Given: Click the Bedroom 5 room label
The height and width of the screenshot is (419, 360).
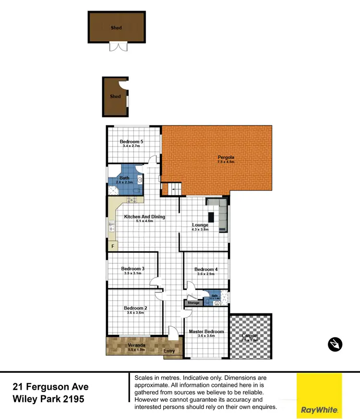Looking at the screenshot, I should (132, 142).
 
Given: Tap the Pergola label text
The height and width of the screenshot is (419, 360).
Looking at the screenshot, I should (226, 157).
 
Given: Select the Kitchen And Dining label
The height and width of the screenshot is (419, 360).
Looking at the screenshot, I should (144, 217).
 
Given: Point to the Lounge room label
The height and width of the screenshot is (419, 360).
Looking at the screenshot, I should (200, 225).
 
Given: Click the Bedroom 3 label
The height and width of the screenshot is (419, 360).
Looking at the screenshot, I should (133, 269).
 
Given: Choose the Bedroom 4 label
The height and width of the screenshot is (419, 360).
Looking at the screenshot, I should (206, 270).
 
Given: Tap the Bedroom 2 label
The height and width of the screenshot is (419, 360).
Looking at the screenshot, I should (135, 308).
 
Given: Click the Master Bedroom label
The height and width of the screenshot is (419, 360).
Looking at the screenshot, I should (206, 332).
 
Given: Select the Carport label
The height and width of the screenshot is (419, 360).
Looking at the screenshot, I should (250, 335).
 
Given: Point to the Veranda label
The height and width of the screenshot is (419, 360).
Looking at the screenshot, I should (137, 345).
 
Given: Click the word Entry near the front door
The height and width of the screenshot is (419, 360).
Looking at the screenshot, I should (169, 351).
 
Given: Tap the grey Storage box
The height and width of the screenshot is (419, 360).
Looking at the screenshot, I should (193, 303).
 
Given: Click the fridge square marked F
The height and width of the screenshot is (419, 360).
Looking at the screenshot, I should (113, 246).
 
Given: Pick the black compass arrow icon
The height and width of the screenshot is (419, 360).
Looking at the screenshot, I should (335, 344).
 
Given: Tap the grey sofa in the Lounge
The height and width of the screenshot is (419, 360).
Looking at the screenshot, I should (223, 216).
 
